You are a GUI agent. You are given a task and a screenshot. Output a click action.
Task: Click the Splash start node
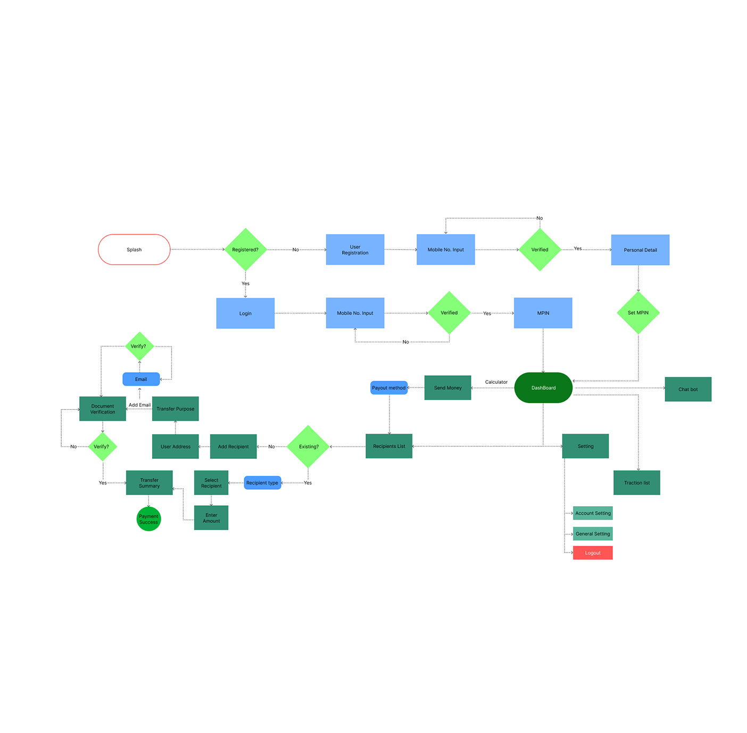(134, 250)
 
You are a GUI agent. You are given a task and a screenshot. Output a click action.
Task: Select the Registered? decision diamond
(245, 250)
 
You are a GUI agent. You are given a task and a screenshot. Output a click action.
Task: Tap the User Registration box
(355, 250)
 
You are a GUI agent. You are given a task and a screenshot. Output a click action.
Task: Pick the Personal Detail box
(641, 250)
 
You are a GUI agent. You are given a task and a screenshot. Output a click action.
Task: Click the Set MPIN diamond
(638, 313)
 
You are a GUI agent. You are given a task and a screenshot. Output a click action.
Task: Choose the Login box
(245, 313)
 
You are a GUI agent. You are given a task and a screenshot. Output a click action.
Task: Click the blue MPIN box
(543, 313)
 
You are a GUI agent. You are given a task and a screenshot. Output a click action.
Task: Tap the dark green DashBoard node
(543, 388)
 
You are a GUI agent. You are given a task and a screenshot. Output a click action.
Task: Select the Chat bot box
(688, 389)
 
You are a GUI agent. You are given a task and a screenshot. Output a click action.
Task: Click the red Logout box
(593, 553)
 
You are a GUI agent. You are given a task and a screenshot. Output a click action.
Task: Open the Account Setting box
(593, 513)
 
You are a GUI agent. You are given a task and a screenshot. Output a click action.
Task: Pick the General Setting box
(593, 533)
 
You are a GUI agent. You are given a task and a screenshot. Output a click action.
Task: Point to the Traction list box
(637, 483)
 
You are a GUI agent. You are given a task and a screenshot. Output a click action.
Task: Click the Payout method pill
(389, 388)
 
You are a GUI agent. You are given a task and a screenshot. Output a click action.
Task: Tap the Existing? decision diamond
(308, 447)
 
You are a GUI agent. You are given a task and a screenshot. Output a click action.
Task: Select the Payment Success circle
(149, 519)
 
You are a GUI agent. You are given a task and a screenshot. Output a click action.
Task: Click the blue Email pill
(141, 379)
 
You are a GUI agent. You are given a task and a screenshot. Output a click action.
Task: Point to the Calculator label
(496, 382)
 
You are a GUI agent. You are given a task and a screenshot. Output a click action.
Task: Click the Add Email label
(139, 405)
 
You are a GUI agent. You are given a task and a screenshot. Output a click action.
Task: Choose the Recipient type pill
(262, 483)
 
